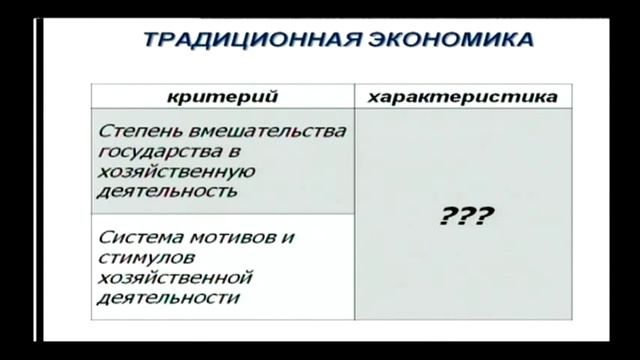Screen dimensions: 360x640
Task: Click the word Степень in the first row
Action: [x=137, y=131]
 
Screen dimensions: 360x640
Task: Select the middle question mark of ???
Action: [x=467, y=215]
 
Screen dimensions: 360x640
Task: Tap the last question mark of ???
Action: [x=484, y=215]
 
